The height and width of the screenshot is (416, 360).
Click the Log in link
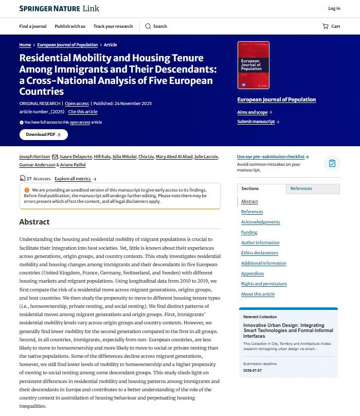click(334, 8)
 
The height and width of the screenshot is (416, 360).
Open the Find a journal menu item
click(33, 26)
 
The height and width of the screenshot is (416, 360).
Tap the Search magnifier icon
click(148, 26)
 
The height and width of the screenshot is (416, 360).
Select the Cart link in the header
click(331, 26)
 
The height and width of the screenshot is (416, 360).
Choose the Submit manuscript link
click(258, 122)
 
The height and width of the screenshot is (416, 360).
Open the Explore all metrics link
click(75, 179)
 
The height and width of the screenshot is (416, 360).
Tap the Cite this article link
click(82, 112)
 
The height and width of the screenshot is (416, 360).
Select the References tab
click(301, 188)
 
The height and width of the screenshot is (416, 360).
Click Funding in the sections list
click(249, 232)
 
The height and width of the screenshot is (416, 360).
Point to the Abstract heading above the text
click(34, 222)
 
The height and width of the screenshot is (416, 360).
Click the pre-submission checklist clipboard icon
click(332, 163)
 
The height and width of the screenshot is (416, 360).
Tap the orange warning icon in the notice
click(27, 190)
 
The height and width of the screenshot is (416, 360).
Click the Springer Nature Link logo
click(59, 8)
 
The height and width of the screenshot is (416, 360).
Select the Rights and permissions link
click(264, 284)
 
